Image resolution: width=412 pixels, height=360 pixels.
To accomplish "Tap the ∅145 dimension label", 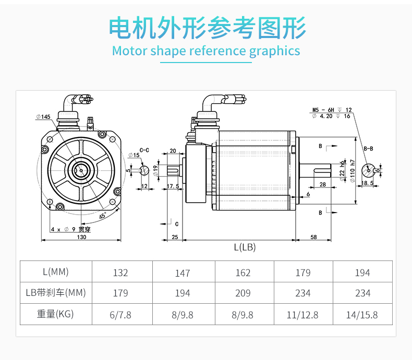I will click(x=43, y=117).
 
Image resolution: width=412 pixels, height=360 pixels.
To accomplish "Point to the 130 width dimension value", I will click(x=81, y=237).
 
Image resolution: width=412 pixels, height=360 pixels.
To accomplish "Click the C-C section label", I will click(x=144, y=150).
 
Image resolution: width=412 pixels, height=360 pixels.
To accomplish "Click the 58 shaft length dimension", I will click(x=313, y=237).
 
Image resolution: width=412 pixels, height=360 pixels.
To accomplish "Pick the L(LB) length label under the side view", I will click(x=245, y=247).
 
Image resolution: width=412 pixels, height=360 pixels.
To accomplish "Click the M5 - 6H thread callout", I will click(x=323, y=110).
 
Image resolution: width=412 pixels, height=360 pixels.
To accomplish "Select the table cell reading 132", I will click(x=120, y=272).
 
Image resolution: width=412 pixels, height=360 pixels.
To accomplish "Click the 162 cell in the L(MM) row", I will click(x=243, y=272).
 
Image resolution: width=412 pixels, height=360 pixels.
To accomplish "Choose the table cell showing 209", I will click(x=243, y=293).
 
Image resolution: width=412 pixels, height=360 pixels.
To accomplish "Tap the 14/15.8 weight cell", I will click(x=362, y=315).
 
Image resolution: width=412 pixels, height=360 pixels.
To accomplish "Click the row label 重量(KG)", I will click(x=55, y=314).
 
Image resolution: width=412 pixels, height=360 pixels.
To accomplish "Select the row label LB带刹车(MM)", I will click(x=55, y=293).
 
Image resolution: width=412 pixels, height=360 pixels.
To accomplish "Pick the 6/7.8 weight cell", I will click(x=120, y=315).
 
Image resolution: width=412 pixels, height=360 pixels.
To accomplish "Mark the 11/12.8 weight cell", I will click(x=302, y=315).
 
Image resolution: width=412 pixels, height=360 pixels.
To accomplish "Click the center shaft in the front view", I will click(x=81, y=169).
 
